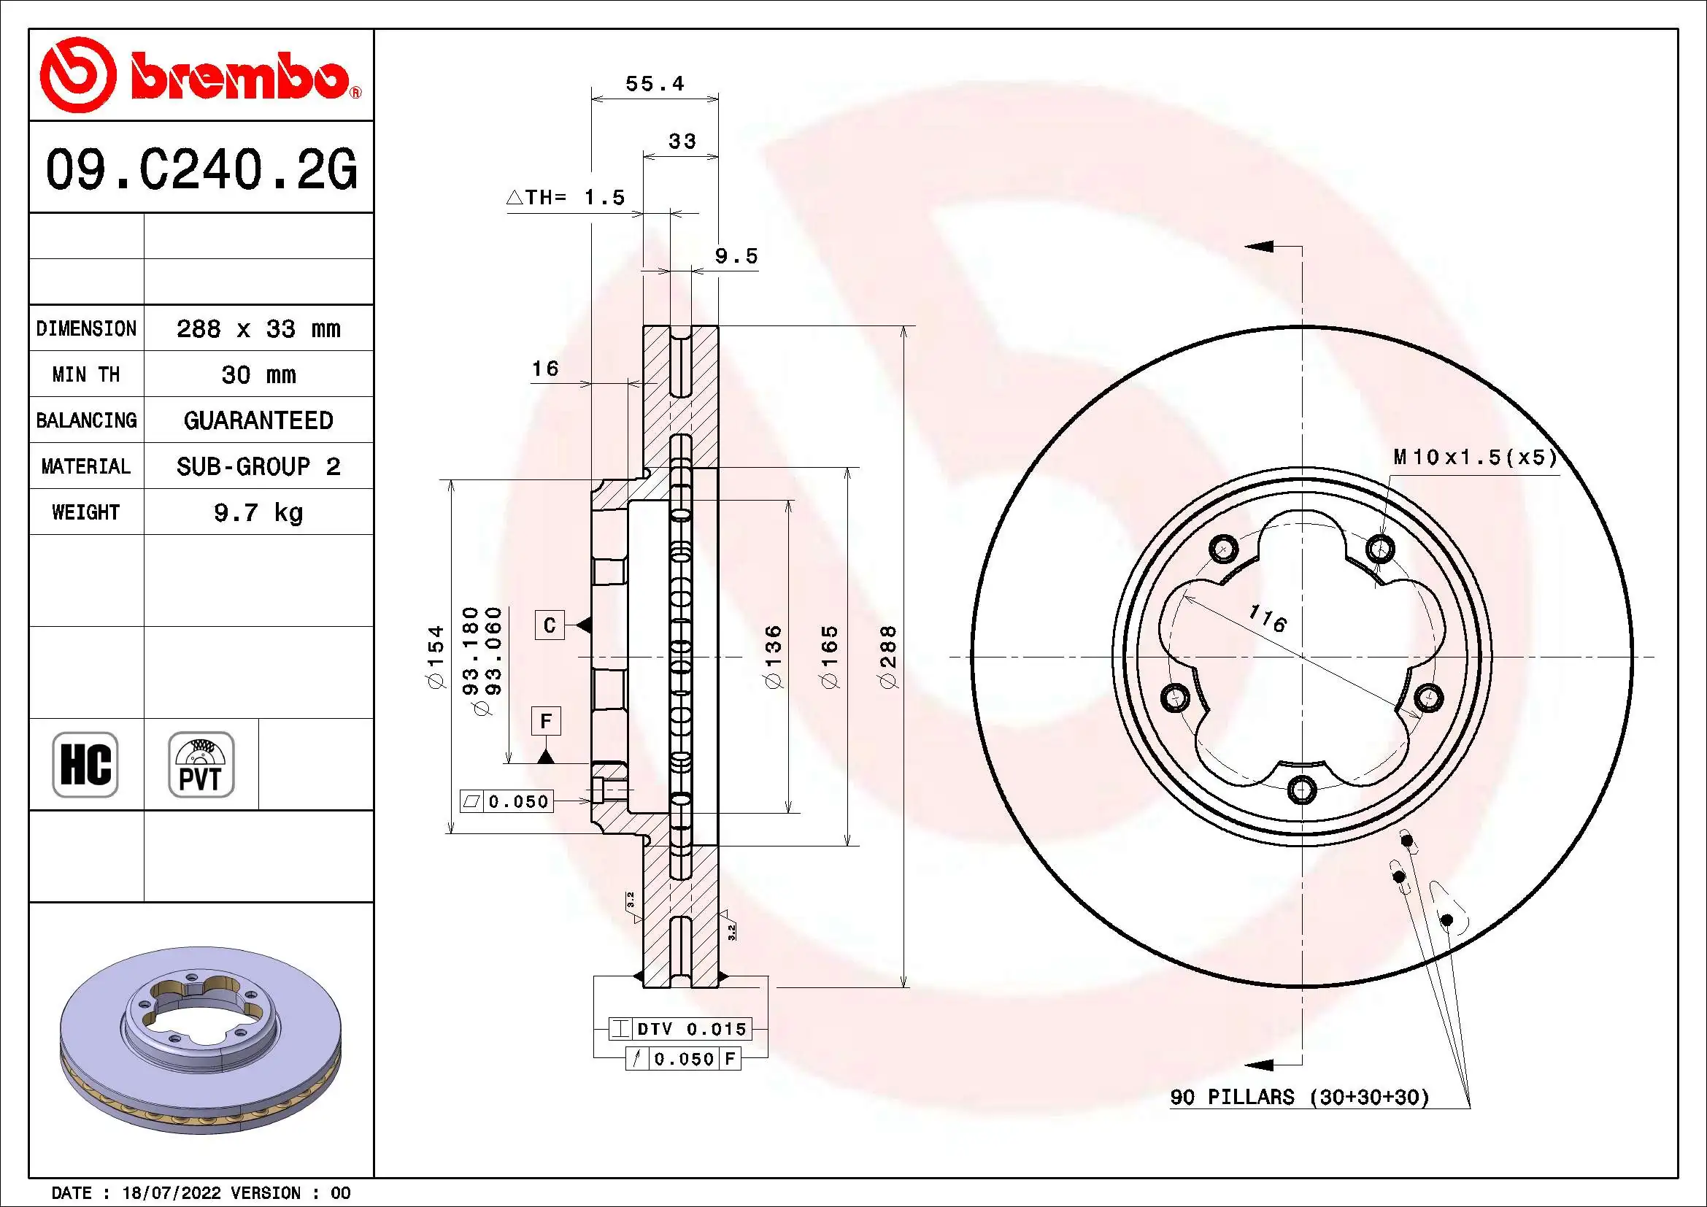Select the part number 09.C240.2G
201,169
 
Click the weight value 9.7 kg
258,512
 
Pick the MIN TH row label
86,374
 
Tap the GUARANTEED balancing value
258,420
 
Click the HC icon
85,764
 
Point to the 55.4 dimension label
654,83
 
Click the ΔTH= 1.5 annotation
566,198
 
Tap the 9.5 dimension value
736,256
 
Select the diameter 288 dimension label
888,657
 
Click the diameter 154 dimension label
436,657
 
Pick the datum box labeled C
550,625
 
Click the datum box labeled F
546,721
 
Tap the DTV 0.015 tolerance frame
679,1029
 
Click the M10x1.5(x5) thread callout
1475,457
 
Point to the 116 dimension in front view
1268,618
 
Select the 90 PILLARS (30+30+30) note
1300,1097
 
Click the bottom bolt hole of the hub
1302,790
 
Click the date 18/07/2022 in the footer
171,1193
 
